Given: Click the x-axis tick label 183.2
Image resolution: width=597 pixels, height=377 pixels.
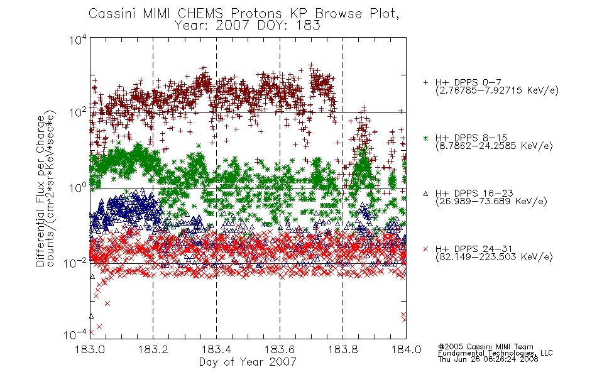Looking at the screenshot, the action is (153, 349).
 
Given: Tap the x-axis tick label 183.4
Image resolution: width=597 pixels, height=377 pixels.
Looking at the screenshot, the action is (216, 349).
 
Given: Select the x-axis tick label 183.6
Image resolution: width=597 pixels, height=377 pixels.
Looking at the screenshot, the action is (280, 349).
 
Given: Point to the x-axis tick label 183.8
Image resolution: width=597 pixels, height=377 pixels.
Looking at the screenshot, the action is (342, 349).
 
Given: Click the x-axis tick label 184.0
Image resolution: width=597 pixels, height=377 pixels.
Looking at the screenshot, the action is (406, 349).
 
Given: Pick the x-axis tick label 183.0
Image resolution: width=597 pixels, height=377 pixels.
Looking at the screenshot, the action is (90, 349).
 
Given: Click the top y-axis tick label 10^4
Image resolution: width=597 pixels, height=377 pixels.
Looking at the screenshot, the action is (78, 40).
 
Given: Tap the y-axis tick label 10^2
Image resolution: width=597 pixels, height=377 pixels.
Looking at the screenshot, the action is (78, 112).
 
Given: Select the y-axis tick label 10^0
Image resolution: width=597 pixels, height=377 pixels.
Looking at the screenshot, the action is (78, 187).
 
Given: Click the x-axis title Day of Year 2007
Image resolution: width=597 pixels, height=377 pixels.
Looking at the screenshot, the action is (248, 362).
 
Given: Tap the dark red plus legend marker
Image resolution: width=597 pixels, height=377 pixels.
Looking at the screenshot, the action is (425, 82).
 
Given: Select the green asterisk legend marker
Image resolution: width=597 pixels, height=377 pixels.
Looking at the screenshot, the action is (425, 138).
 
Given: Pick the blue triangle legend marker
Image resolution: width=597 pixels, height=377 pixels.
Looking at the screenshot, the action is (425, 194).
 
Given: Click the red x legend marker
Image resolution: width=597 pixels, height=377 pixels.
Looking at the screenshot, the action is (425, 249).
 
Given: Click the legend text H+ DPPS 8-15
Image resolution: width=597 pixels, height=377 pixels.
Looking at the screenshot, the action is (471, 138).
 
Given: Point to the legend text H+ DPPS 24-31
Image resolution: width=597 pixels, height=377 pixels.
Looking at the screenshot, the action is (474, 249).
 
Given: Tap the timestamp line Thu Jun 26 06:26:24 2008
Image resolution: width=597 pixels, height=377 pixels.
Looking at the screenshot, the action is (488, 359).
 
